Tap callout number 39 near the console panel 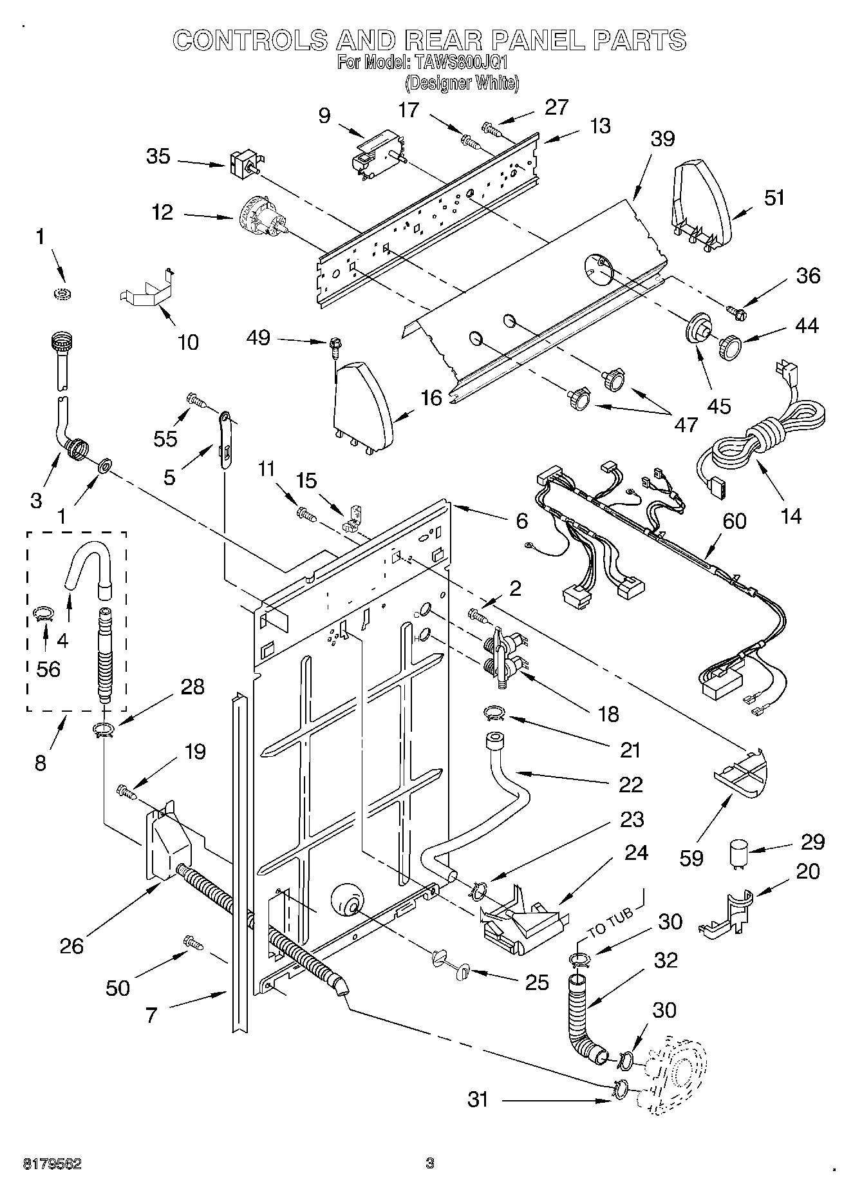tap(662, 138)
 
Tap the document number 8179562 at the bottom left tap(53, 1164)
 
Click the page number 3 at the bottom tap(430, 1163)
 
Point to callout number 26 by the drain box tap(72, 945)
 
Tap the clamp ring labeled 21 tap(494, 712)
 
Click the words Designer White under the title tap(462, 83)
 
